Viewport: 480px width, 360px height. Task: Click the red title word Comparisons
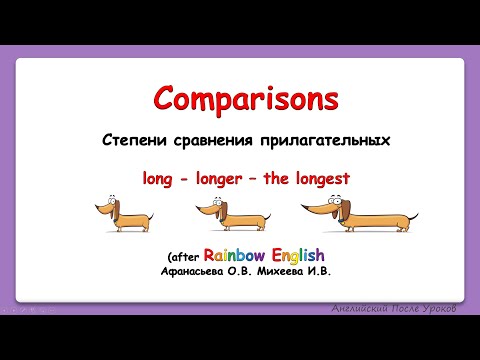click(246, 98)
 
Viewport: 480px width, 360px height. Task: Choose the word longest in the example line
click(318, 179)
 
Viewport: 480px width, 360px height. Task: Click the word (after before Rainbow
click(179, 256)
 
